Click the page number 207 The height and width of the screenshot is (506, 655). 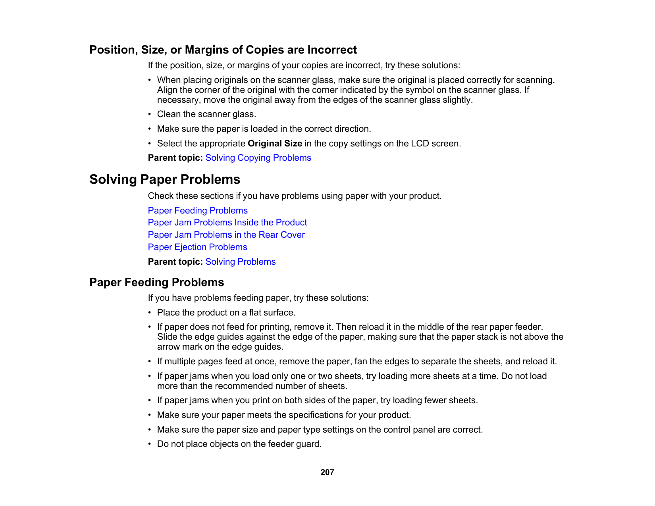pyautogui.click(x=327, y=472)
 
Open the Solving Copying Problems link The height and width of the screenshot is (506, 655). pyautogui.click(x=258, y=158)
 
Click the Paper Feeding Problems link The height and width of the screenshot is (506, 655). pyautogui.click(x=198, y=211)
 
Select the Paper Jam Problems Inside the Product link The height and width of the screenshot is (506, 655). pyautogui.click(x=227, y=223)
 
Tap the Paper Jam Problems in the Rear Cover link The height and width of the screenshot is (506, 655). pyautogui.click(x=226, y=235)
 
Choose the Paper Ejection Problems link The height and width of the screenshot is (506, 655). pyautogui.click(x=197, y=247)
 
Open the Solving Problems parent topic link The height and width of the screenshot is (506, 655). pyautogui.click(x=240, y=262)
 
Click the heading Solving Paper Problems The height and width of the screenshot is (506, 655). pyautogui.click(x=165, y=180)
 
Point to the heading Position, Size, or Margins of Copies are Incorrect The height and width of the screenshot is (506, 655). pyautogui.click(x=223, y=50)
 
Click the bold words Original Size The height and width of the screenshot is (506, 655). pyautogui.click(x=275, y=144)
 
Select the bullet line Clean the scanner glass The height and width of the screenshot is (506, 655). pyautogui.click(x=206, y=114)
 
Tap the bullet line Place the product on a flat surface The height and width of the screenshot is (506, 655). pyautogui.click(x=226, y=313)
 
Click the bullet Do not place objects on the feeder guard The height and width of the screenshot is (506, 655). pyautogui.click(x=239, y=444)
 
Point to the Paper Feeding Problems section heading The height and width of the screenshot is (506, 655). pyautogui.click(x=157, y=283)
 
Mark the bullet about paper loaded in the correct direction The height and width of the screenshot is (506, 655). pyautogui.click(x=264, y=129)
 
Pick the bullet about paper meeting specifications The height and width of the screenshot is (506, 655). pyautogui.click(x=284, y=415)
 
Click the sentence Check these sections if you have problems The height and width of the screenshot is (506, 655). pyautogui.click(x=295, y=196)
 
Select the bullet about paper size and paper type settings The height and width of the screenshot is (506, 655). pyautogui.click(x=320, y=430)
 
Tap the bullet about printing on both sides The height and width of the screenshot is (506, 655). pyautogui.click(x=317, y=400)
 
